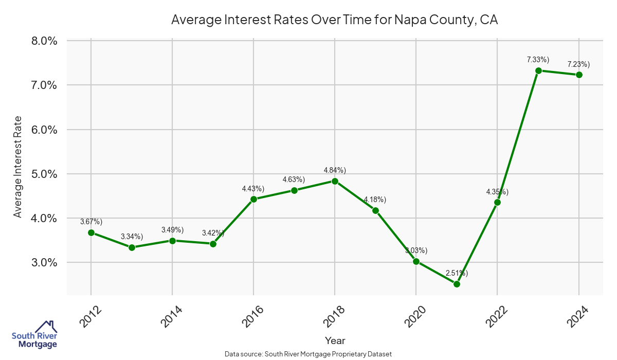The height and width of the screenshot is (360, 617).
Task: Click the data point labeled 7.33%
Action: coord(538,70)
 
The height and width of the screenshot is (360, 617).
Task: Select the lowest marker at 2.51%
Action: coord(457,284)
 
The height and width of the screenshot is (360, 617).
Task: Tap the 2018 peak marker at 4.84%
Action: coord(335,181)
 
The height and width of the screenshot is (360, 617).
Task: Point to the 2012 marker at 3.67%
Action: coord(91,232)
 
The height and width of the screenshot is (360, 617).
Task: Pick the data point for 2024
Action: coord(579,75)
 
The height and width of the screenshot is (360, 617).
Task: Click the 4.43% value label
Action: coord(253,189)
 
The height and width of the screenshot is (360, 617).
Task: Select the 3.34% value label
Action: coord(132,237)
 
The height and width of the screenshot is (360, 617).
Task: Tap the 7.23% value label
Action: coord(578,64)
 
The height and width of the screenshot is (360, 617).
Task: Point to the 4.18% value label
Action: coord(375,200)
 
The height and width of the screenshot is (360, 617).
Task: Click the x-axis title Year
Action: coord(335,340)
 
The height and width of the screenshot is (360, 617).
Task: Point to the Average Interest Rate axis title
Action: coord(18,166)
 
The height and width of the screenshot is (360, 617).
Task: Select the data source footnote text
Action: coord(308,354)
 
